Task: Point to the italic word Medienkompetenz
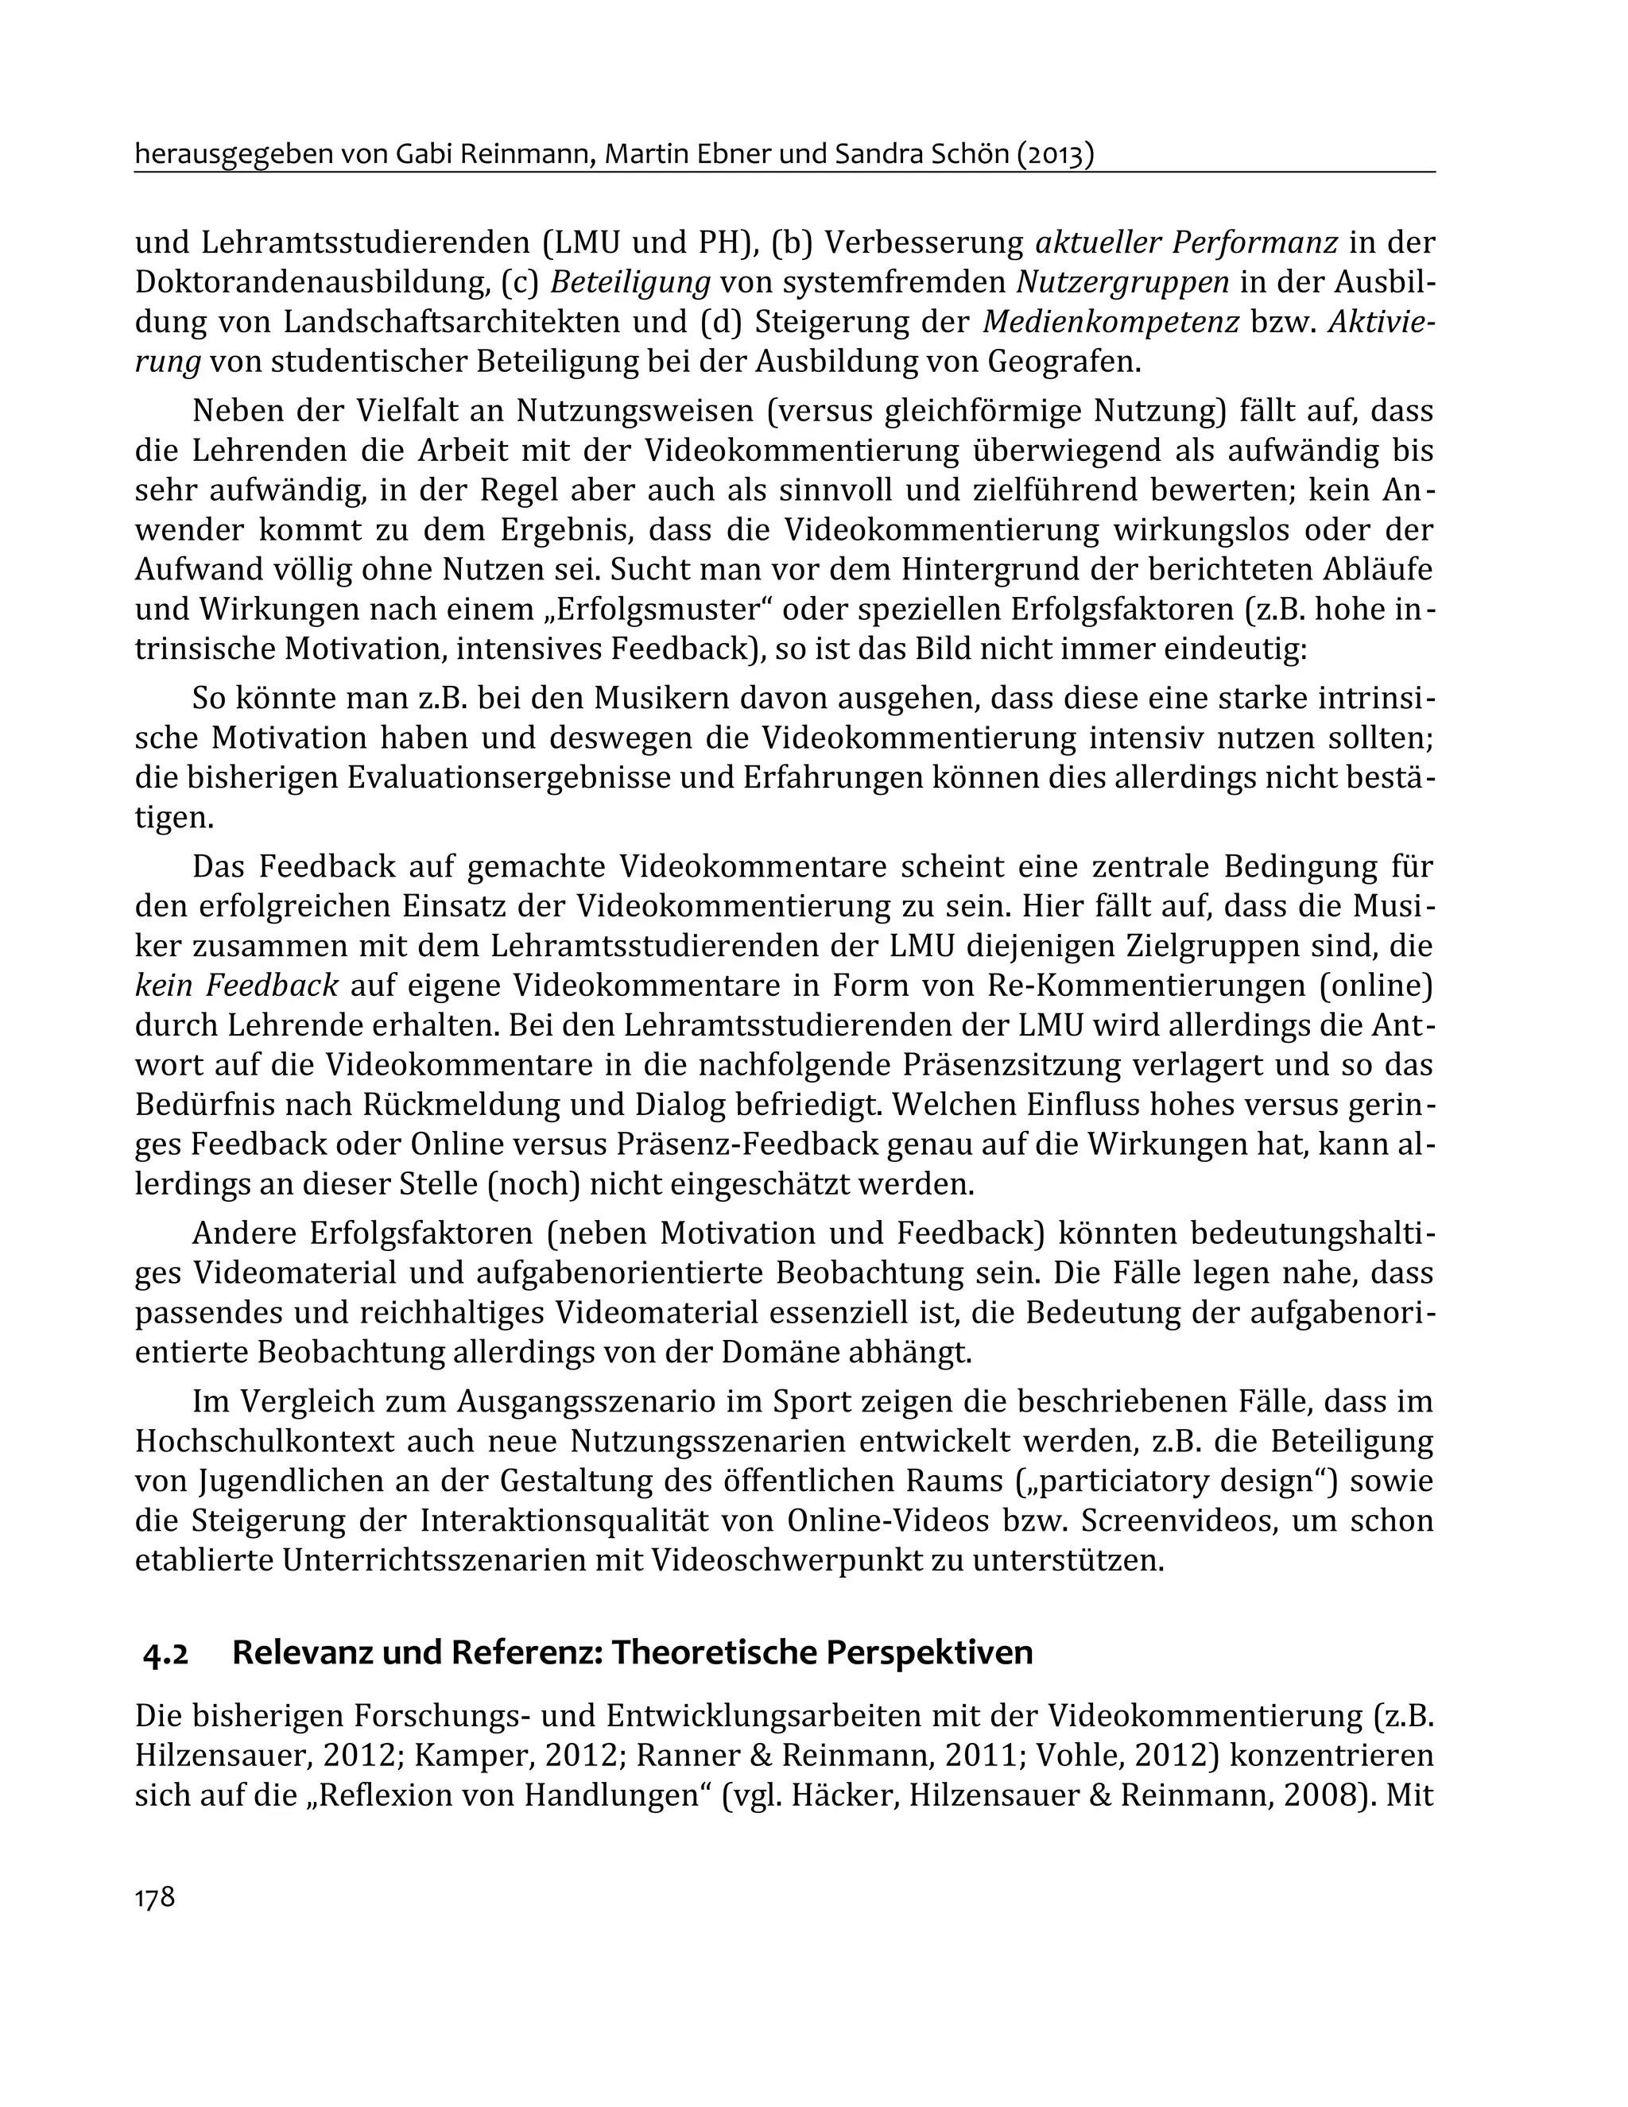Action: [x=1110, y=321]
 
